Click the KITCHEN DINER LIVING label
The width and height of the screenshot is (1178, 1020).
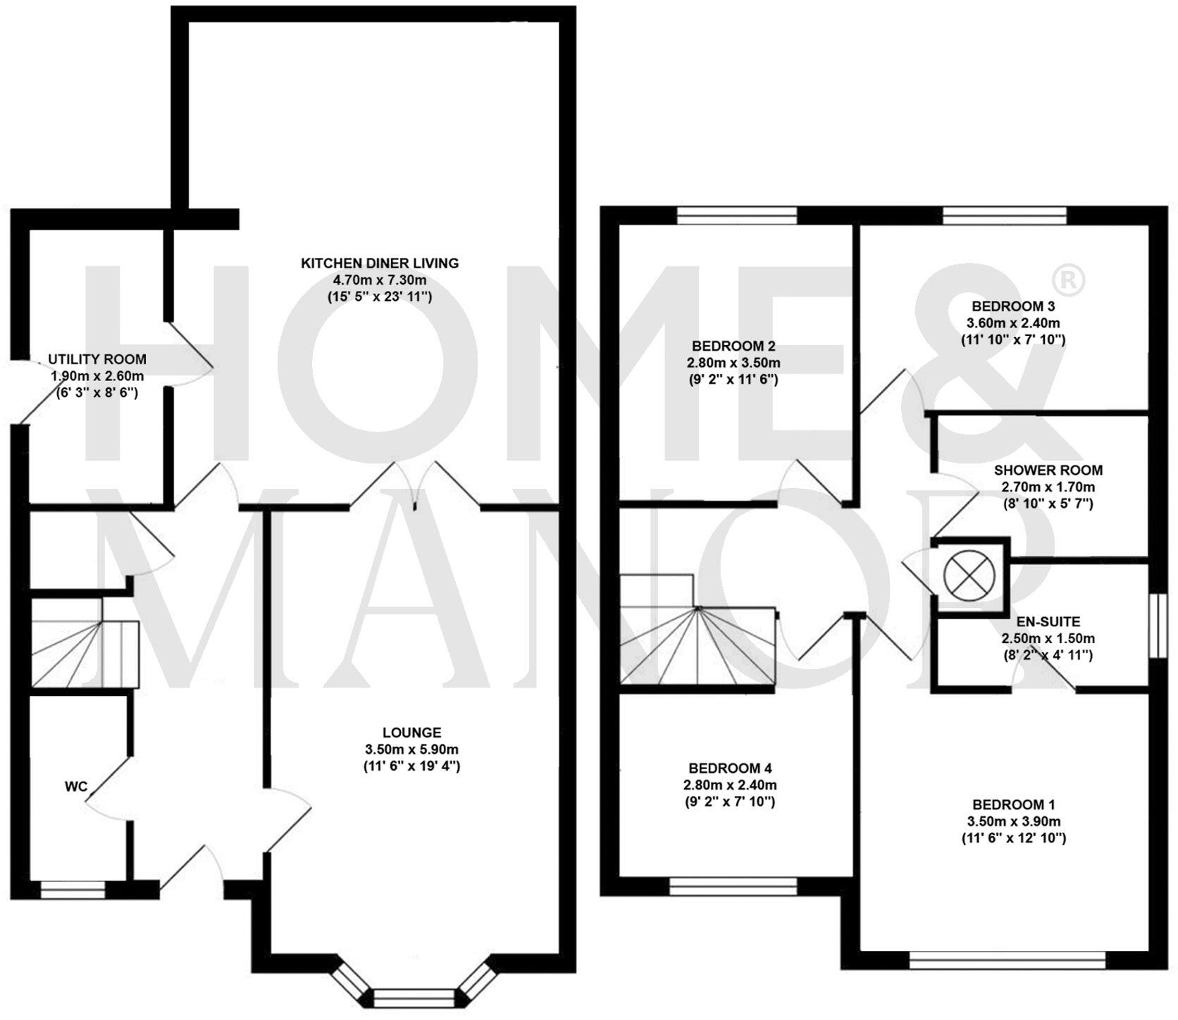(x=380, y=263)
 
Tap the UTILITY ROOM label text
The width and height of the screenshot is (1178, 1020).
(x=97, y=359)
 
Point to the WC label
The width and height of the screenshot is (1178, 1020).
(x=76, y=786)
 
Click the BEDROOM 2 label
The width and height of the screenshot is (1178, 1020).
(x=733, y=346)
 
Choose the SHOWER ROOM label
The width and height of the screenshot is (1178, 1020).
(x=1048, y=470)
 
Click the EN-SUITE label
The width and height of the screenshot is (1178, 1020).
(x=1048, y=622)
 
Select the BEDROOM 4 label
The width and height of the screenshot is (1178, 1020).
(x=735, y=768)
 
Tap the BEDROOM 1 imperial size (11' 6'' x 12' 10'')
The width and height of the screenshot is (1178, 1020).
(x=1013, y=838)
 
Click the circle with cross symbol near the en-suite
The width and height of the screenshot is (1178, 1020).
(x=971, y=573)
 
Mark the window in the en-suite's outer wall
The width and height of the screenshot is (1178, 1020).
(x=1155, y=626)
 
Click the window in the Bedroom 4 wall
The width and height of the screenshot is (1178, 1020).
(x=733, y=885)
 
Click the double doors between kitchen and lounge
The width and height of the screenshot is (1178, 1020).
(x=416, y=485)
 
